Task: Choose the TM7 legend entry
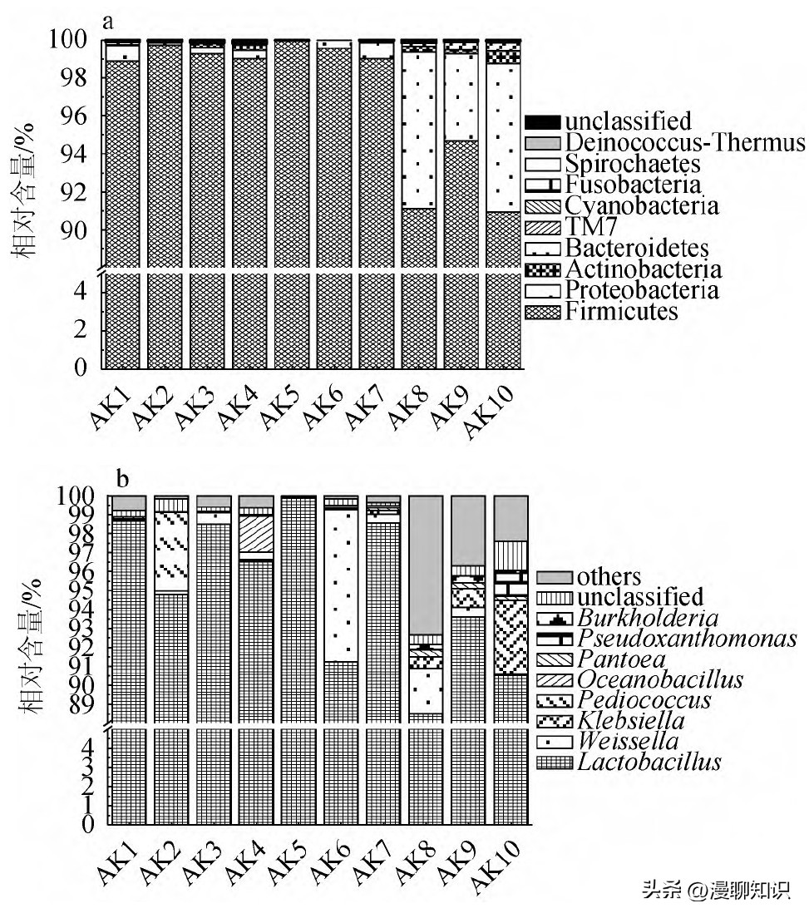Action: [586, 227]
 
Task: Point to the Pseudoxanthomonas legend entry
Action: [687, 638]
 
